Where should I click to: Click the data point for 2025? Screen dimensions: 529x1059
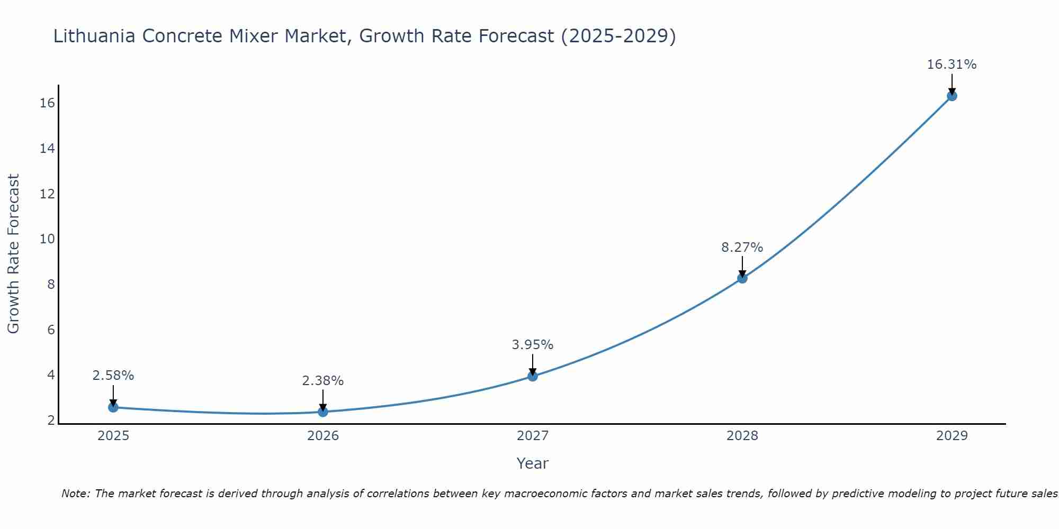click(x=113, y=407)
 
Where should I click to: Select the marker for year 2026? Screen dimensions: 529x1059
click(x=323, y=412)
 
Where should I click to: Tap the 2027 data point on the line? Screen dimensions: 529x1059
click(x=533, y=376)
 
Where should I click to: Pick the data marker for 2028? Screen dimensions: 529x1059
click(x=742, y=278)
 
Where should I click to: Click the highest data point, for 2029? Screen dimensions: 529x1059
click(x=952, y=96)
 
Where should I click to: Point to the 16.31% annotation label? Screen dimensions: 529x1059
click(x=952, y=65)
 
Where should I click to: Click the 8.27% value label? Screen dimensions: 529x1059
click(x=742, y=247)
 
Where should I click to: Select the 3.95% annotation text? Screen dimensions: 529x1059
click(x=532, y=345)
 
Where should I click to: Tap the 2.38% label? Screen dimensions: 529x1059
click(x=323, y=380)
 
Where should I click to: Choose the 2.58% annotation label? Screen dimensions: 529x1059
click(x=113, y=376)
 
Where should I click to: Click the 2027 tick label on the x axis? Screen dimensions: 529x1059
click(x=533, y=436)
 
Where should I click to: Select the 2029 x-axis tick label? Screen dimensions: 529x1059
click(x=952, y=436)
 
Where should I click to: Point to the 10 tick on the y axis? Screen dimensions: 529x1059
click(x=47, y=239)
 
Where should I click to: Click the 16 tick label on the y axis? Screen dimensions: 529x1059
click(x=47, y=103)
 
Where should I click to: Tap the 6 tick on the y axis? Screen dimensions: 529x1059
click(x=51, y=330)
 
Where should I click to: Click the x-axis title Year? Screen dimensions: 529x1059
click(x=532, y=463)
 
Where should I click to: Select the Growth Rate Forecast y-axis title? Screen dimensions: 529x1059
click(x=13, y=254)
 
